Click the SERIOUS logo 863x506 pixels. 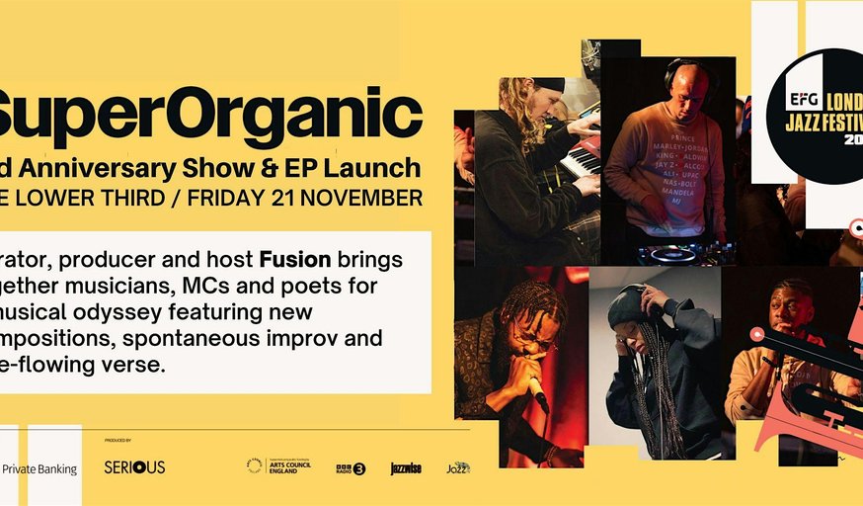click(134, 466)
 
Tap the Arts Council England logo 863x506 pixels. click(278, 465)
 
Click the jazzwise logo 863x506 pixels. click(406, 467)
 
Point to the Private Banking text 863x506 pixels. click(40, 468)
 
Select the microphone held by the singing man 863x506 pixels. click(537, 393)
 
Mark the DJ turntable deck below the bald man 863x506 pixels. click(671, 254)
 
